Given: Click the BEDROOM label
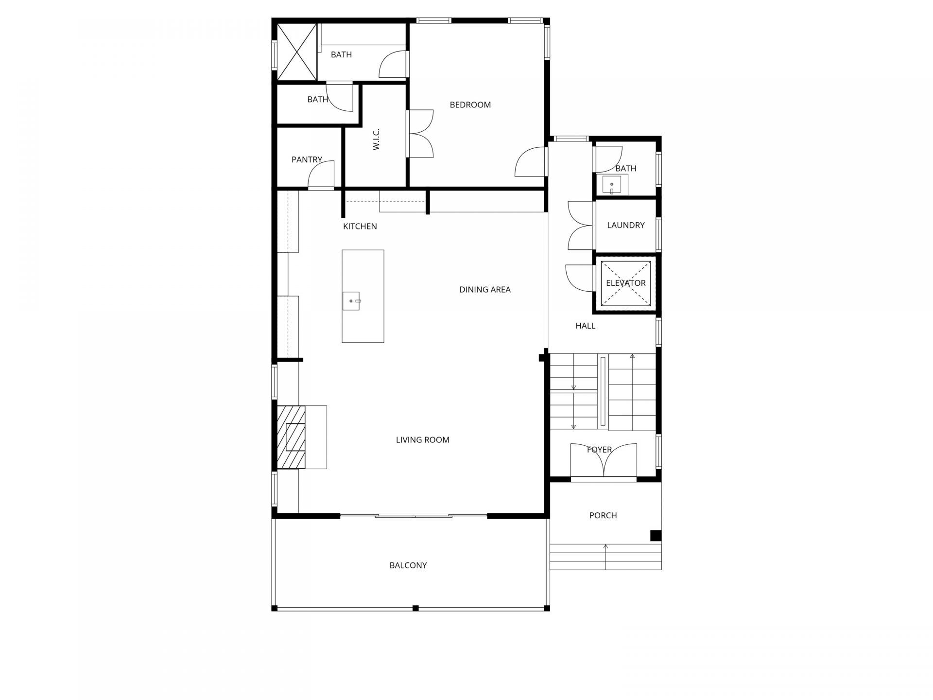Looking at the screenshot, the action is coord(470,105).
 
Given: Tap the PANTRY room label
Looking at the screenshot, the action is coord(307,159).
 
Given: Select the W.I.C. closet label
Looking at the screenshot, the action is coord(376,139).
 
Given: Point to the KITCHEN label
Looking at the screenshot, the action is coord(360,227).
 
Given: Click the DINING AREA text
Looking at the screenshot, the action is coord(485,290).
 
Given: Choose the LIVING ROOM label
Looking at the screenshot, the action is coord(422,440).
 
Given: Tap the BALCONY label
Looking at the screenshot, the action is coord(408,565).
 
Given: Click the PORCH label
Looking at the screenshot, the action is coord(603,515).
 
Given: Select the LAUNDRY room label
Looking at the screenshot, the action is coord(626,225).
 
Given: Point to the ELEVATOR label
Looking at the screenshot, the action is coord(626,283).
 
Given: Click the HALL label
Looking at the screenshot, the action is coord(586,326).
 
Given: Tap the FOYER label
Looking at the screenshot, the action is coord(599,450).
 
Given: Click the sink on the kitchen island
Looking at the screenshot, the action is coord(351,301).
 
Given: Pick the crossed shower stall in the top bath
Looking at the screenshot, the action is coord(296,52).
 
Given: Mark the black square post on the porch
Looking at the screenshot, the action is coord(656,535).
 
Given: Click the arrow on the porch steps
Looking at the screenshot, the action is coord(605,557).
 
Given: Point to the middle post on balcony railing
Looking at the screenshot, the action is coord(415,608).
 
